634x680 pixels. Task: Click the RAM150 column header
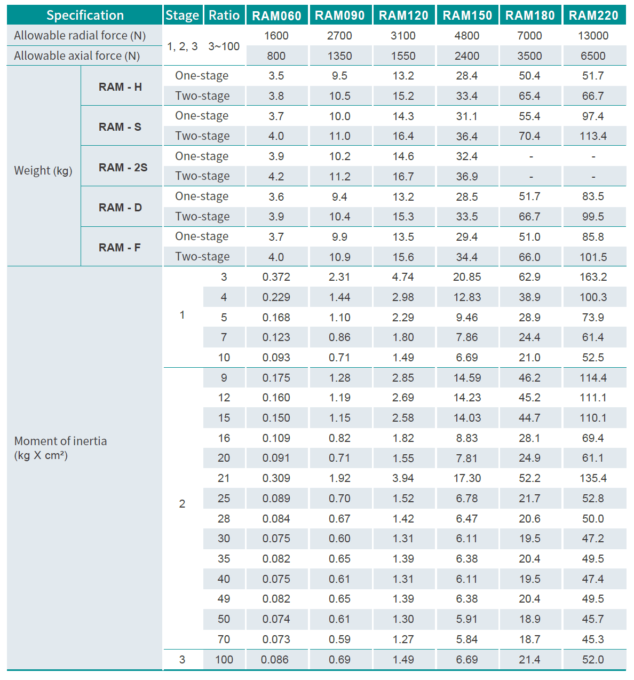tap(467, 15)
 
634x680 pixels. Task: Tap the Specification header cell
tap(85, 15)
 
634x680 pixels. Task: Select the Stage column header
tap(182, 15)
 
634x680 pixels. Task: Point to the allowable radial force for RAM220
tap(593, 36)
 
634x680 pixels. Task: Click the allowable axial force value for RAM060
tap(276, 56)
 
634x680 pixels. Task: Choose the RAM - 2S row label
tap(123, 167)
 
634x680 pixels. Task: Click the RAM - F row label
tap(120, 248)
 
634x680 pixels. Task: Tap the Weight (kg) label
tap(43, 171)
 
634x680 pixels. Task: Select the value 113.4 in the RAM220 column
tap(593, 136)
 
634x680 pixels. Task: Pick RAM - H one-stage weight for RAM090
tap(339, 76)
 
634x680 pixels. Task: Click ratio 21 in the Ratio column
tap(224, 478)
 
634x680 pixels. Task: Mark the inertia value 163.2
tap(593, 277)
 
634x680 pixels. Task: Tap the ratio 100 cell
tap(224, 660)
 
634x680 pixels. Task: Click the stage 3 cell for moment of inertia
tap(182, 660)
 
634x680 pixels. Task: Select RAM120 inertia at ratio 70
tap(403, 639)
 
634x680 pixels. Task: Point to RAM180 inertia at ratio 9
tap(529, 378)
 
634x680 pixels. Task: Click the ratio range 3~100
tap(224, 46)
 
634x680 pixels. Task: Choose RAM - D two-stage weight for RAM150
tap(466, 217)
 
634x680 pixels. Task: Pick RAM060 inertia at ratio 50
tap(276, 619)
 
